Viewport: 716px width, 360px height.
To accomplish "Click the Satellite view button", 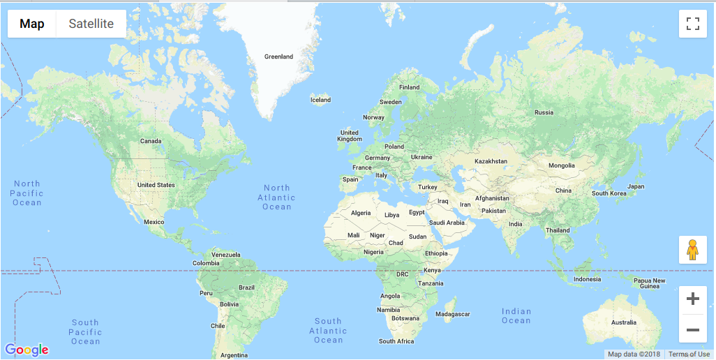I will pos(91,24).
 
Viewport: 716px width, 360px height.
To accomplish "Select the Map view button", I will pos(32,24).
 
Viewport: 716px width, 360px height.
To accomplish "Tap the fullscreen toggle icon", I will pos(693,24).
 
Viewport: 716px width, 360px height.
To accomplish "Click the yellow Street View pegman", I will pos(692,250).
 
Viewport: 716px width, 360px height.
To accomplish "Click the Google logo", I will pos(27,350).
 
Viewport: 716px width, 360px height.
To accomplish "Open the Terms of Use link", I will pos(689,354).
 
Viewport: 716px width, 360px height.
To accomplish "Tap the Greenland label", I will pos(278,57).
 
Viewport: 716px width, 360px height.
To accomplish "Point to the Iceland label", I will pos(320,100).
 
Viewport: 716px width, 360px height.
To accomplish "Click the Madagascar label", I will pos(452,314).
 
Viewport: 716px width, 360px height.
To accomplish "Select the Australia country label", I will pos(623,322).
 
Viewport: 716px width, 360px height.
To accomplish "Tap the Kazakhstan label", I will pos(491,161).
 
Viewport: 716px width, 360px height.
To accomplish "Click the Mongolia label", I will pos(562,165).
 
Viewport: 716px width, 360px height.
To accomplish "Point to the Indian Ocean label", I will pos(516,316).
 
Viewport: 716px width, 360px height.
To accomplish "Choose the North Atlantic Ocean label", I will pos(277,197).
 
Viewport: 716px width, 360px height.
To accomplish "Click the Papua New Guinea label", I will pos(650,283).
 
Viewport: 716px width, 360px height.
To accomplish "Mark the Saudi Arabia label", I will pos(447,223).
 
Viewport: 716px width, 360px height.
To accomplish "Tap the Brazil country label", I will pos(246,287).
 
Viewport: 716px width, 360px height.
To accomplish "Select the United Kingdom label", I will pos(350,135).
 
